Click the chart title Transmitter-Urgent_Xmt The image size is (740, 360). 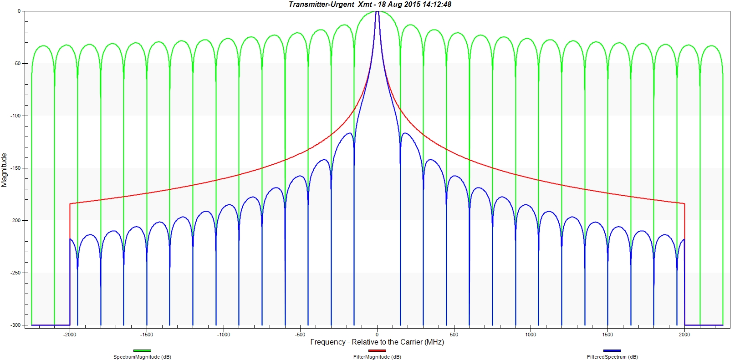coord(330,4)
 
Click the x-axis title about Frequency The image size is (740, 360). coord(377,342)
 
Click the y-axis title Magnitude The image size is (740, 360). coord(4,170)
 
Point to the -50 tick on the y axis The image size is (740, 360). coord(17,63)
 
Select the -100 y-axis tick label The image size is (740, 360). coord(16,116)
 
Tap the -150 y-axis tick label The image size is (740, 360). coord(16,168)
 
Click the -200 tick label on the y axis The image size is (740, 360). coord(16,220)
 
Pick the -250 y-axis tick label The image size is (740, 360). coord(16,273)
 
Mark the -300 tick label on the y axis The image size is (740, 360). coord(16,325)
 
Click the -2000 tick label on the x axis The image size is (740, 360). coord(70,335)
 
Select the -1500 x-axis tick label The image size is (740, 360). coord(147,335)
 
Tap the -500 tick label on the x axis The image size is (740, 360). coord(300,335)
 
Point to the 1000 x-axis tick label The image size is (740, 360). coord(531,335)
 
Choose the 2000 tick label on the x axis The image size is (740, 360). coord(684,335)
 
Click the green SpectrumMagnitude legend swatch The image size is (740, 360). coord(142,350)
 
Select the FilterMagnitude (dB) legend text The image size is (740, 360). coord(377,357)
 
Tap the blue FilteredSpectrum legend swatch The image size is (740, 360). coord(612,350)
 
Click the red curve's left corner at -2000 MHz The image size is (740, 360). coord(70,203)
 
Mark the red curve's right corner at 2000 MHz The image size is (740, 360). coord(684,203)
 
